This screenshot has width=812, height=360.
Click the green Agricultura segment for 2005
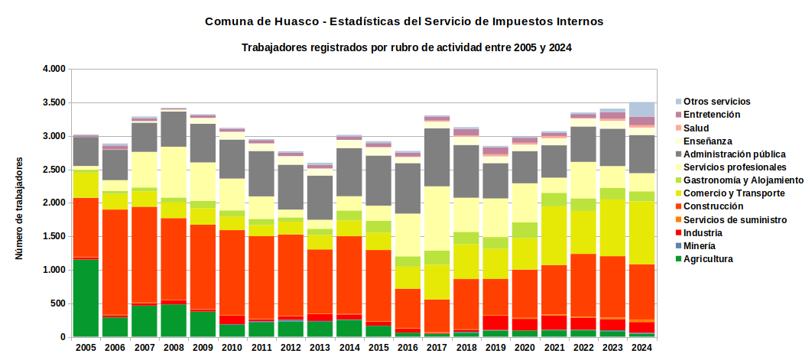point(86,298)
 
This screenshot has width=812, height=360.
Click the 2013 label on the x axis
point(320,347)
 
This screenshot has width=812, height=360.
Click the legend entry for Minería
point(700,246)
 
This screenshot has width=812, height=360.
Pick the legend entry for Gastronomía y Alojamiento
point(739,180)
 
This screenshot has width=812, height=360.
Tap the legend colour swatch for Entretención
point(679,115)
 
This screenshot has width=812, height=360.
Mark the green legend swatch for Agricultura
point(679,260)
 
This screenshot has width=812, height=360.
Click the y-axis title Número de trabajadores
point(18,207)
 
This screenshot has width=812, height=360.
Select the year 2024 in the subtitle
point(560,47)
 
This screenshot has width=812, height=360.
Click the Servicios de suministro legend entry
point(731,219)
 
